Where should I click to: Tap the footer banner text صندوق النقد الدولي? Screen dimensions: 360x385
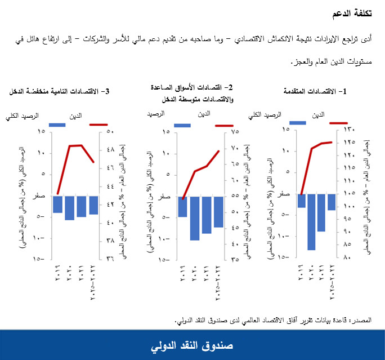point(192,345)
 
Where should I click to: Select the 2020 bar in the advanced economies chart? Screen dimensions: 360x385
point(311,222)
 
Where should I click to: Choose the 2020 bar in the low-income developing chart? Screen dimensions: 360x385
point(69,208)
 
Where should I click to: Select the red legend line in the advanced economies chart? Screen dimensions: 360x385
point(339,123)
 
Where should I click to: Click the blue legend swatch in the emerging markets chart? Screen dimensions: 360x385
point(182,125)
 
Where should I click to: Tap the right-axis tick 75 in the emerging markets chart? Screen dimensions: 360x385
point(235,132)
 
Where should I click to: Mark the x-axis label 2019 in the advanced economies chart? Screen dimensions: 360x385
point(302,272)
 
